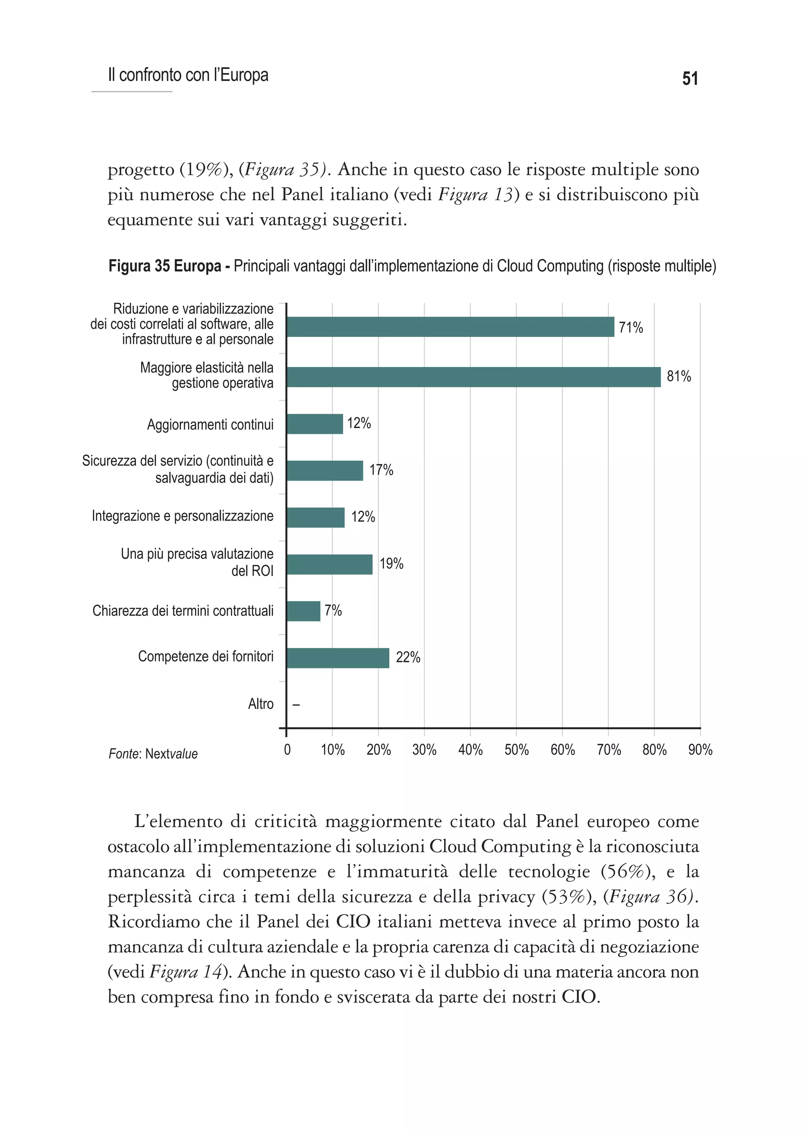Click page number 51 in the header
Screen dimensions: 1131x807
pos(690,78)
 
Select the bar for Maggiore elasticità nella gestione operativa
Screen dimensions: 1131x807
pos(473,377)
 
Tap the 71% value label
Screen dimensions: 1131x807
pos(630,328)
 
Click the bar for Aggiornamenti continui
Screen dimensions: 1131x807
pos(314,424)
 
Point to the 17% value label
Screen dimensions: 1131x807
pos(381,470)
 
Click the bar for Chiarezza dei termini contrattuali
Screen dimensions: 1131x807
pos(303,611)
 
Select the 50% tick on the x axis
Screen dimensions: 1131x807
pos(516,750)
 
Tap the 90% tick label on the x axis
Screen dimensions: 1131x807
pos(700,750)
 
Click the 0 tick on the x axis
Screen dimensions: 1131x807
pos(287,750)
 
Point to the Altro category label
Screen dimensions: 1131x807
pos(260,704)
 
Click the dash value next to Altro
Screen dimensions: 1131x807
pos(296,705)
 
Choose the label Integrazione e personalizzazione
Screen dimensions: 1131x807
pos(182,516)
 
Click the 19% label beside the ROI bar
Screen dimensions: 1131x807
pos(391,564)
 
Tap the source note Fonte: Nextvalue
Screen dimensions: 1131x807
pos(153,754)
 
